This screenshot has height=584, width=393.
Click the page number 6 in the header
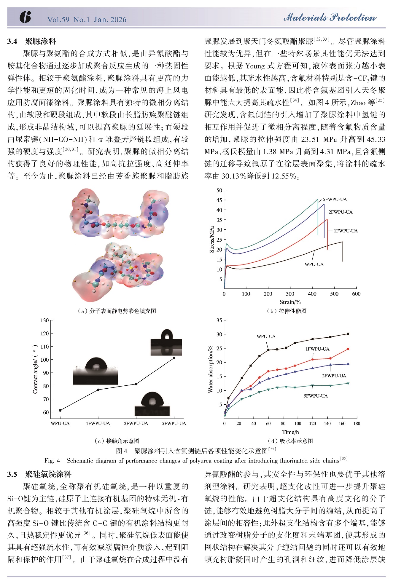(x=25, y=17)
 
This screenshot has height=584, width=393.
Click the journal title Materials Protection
(x=330, y=17)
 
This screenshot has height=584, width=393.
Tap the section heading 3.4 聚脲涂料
(x=32, y=41)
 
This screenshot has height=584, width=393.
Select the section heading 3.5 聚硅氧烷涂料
(x=39, y=474)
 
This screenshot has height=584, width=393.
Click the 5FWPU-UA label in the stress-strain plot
(x=335, y=200)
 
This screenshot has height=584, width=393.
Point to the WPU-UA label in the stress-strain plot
(x=314, y=264)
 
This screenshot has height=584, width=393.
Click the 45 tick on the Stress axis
(x=219, y=200)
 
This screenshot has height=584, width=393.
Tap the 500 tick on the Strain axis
(x=334, y=294)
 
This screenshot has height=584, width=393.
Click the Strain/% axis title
(x=290, y=302)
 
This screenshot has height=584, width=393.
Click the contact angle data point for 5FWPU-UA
(x=174, y=358)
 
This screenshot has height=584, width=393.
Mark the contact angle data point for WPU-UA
(x=60, y=410)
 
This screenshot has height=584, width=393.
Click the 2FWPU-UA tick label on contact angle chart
(x=136, y=423)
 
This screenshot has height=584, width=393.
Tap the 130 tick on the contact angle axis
(x=44, y=320)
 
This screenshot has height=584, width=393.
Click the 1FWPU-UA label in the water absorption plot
(x=317, y=349)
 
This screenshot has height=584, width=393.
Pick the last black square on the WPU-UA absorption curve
(x=348, y=334)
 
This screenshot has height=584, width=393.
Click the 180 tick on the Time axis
(x=357, y=423)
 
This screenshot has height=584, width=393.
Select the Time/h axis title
(x=290, y=432)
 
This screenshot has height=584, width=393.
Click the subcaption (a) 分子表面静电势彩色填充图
(x=117, y=311)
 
